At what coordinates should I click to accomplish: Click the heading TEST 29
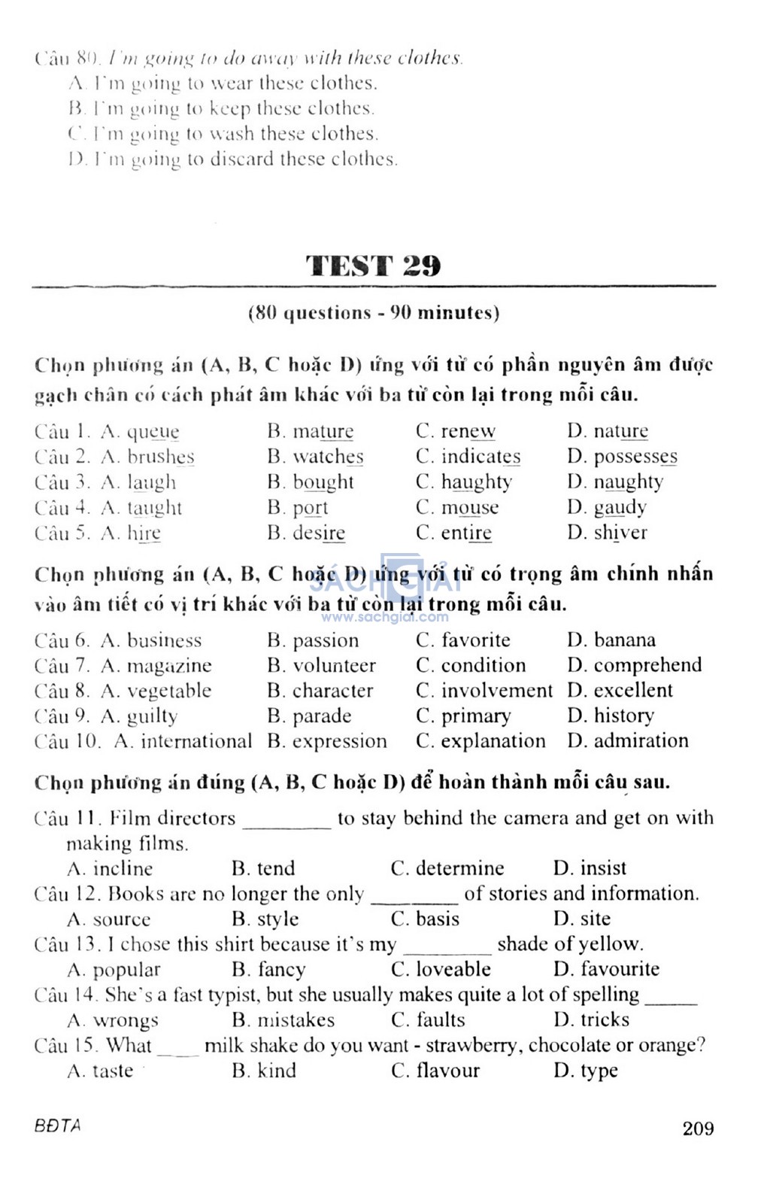click(373, 266)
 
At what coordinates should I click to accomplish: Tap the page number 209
click(698, 1128)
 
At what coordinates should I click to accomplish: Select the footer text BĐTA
click(57, 1126)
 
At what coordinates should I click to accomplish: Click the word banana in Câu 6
click(624, 640)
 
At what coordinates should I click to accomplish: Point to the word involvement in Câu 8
click(496, 691)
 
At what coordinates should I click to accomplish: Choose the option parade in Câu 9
click(321, 716)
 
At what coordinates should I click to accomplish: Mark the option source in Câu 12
click(121, 919)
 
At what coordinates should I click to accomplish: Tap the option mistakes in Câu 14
click(296, 1020)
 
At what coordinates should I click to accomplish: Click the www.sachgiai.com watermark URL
click(384, 618)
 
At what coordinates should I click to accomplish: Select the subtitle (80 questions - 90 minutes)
click(374, 313)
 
